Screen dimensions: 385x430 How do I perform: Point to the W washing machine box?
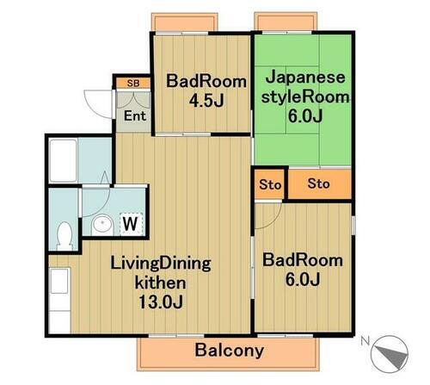tap(130, 224)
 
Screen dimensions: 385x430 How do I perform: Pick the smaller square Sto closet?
tap(267, 183)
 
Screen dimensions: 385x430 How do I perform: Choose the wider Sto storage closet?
tap(318, 183)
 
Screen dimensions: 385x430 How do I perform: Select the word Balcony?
tap(229, 351)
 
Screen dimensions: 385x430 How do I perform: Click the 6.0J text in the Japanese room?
tap(302, 116)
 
